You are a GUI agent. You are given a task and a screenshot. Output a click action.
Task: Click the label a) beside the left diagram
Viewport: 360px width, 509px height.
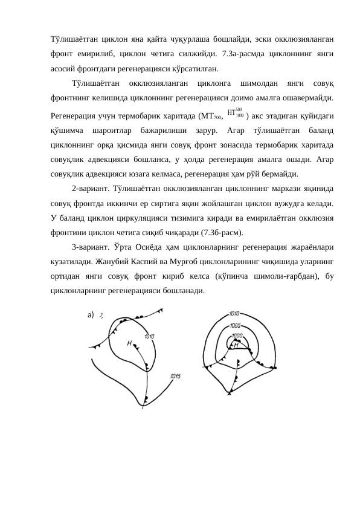pyautogui.click(x=91, y=315)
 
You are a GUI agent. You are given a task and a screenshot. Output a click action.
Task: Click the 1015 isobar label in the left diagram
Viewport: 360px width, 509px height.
pyautogui.click(x=175, y=376)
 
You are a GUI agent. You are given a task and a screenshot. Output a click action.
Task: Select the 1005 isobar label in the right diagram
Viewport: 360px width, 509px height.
pyautogui.click(x=236, y=325)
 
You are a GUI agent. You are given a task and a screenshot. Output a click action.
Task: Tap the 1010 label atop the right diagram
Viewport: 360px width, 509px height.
pyautogui.click(x=235, y=314)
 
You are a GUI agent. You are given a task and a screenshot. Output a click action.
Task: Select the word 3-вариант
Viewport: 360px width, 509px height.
pyautogui.click(x=92, y=247)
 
